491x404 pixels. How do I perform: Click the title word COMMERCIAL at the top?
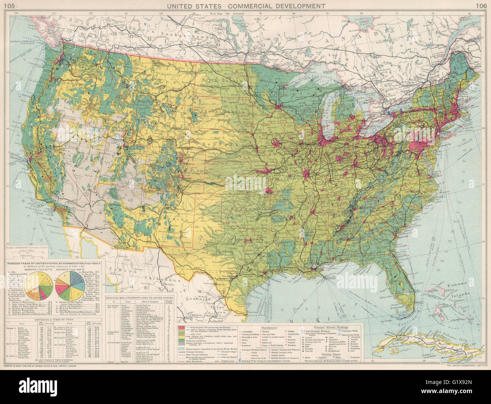coord(252,6)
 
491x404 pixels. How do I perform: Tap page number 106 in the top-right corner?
coord(481,6)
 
